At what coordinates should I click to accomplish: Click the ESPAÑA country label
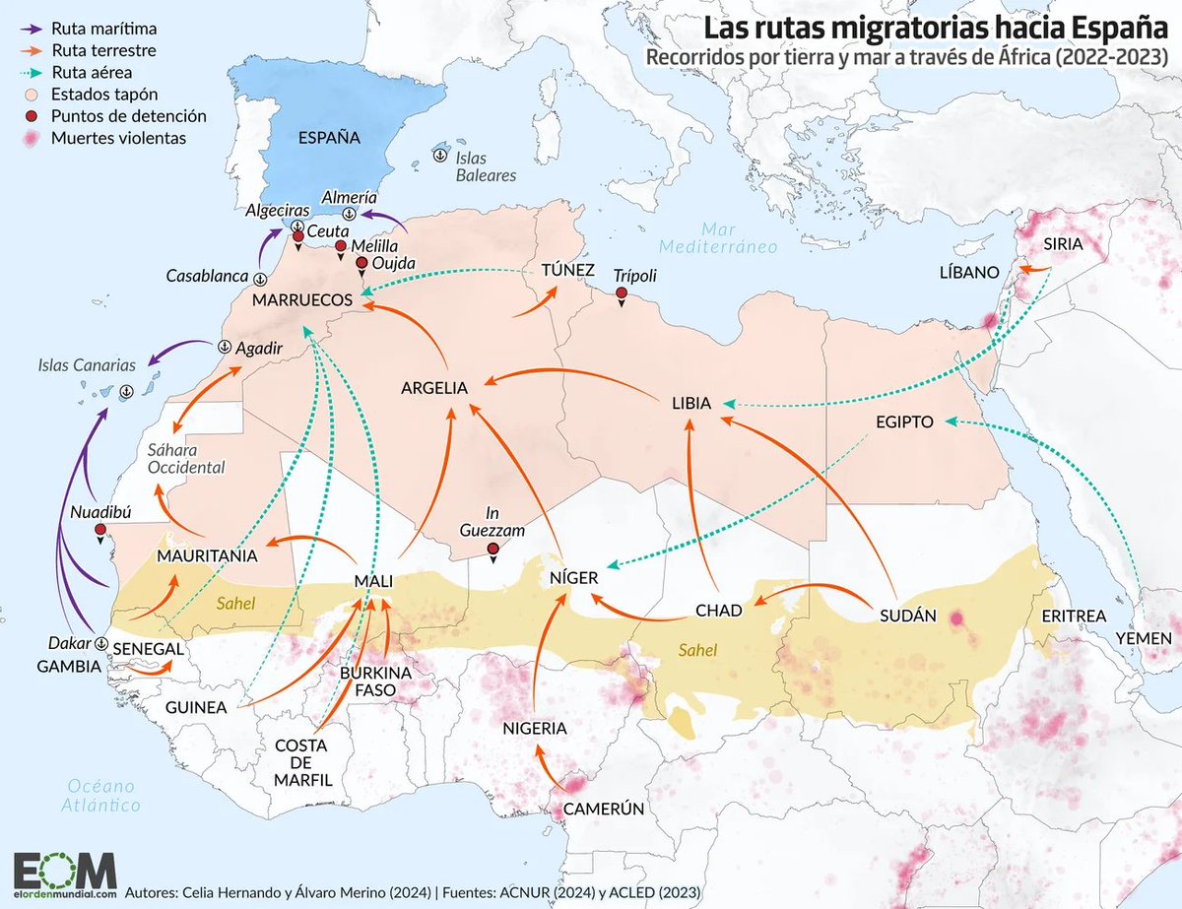pos(330,138)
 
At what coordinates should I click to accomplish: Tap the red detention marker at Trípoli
pos(622,294)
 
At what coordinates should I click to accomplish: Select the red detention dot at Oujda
pos(361,263)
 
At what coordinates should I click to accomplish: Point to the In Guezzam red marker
pos(491,550)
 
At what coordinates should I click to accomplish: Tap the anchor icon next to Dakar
pos(100,642)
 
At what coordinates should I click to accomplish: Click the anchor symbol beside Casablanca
pos(259,279)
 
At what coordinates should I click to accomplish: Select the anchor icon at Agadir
pos(224,347)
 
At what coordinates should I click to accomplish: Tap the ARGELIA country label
pos(433,388)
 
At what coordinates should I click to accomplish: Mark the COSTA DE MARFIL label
pos(301,762)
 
